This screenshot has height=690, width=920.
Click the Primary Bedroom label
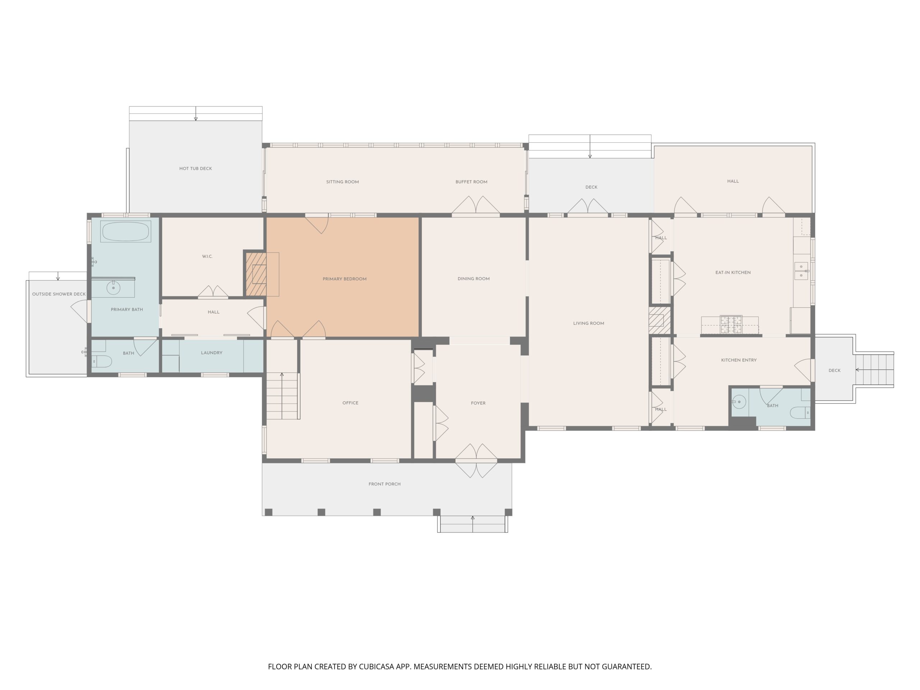coord(344,279)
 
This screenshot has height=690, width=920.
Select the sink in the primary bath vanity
coord(113,287)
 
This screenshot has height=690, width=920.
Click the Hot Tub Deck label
coord(195,169)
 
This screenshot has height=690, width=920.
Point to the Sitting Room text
coord(342,182)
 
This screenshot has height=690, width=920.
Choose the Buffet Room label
coord(471,182)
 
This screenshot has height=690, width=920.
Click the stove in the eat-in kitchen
coord(731,325)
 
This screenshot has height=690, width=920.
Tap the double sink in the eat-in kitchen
coord(801,271)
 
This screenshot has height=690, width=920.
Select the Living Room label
coord(589,323)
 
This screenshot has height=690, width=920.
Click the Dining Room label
coord(473,279)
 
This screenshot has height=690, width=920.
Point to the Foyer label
coord(478,403)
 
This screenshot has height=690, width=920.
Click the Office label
coord(350,402)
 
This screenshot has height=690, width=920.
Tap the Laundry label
coord(212,353)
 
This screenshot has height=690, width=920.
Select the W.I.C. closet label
coord(207,256)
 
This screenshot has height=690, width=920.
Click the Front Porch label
coord(384,484)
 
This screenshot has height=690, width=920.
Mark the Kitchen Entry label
coord(739,360)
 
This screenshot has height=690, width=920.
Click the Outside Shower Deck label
coord(59,294)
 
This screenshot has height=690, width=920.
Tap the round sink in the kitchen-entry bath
coord(739,402)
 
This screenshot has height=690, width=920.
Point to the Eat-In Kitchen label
coord(733,272)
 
